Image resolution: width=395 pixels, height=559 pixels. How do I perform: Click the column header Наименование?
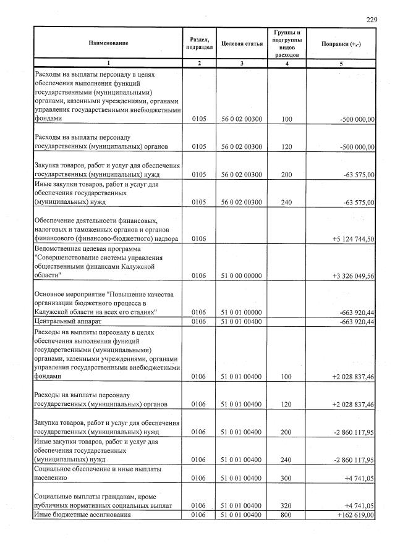click(108, 43)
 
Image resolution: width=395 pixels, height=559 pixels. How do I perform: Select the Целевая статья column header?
click(242, 43)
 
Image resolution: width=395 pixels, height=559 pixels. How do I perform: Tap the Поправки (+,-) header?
click(341, 43)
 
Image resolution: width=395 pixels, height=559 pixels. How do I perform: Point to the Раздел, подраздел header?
click(199, 43)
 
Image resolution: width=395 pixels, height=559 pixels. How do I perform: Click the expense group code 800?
click(286, 515)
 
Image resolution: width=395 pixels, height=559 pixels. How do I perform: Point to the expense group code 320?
click(286, 506)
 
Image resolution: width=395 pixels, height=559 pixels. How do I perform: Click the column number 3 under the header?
click(242, 64)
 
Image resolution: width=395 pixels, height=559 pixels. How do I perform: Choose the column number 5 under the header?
click(341, 64)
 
